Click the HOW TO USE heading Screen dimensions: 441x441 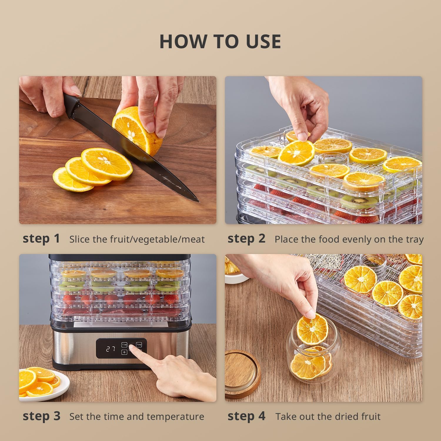[220, 41]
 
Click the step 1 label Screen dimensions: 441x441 [41, 238]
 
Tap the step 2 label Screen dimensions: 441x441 [246, 238]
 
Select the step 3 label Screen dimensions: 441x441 [41, 416]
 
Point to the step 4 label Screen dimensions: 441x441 [246, 416]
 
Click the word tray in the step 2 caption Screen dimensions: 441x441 [415, 240]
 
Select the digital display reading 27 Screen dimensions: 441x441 [111, 349]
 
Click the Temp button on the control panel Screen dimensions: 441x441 [139, 344]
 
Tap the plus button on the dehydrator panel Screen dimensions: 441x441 [124, 352]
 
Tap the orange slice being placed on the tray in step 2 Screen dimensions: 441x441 [296, 153]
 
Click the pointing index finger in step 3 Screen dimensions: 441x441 [138, 353]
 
